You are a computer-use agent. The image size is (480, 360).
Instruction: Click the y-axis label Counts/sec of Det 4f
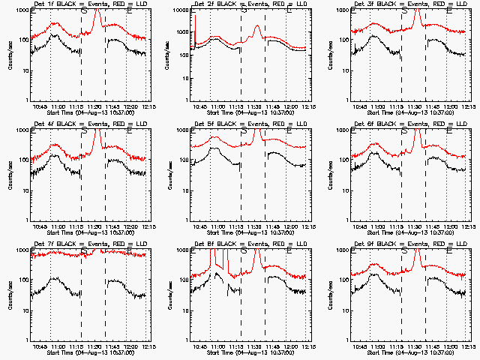tap(10, 172)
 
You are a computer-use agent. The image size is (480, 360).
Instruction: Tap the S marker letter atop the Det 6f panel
tap(405, 131)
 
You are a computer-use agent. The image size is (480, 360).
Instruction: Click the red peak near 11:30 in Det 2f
tap(257, 28)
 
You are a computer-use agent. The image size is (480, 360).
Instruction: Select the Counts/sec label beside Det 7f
tap(10, 292)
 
